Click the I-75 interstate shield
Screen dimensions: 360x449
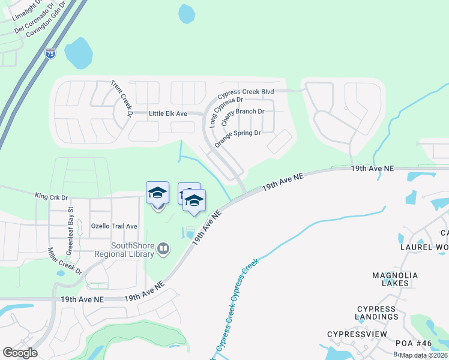click(50, 53)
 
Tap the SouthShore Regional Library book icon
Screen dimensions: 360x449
click(163, 248)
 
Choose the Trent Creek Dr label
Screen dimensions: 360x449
click(121, 98)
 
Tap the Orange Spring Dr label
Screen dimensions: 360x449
click(238, 137)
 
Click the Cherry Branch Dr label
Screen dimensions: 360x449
click(243, 115)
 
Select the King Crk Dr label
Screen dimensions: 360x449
click(52, 196)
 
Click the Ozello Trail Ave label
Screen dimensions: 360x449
click(114, 226)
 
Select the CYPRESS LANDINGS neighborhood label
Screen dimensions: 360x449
click(376, 313)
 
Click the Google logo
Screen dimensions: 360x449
click(20, 353)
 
